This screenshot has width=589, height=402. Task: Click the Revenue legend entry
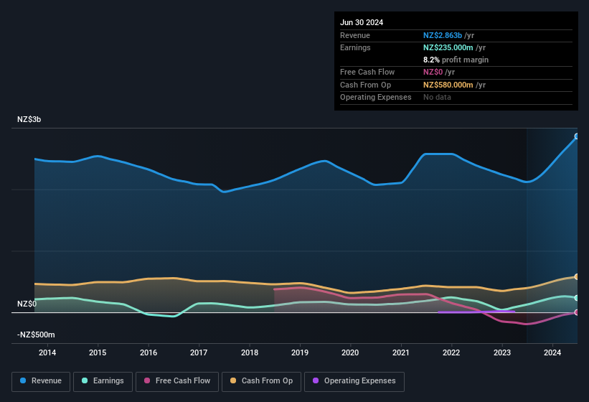[42, 380]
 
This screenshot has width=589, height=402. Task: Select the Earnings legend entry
[103, 380]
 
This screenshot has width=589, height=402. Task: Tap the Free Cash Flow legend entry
[179, 380]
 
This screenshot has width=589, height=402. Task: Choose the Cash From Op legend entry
[263, 380]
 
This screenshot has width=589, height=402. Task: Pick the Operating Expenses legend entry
[354, 380]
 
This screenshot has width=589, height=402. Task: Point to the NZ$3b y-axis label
[29, 119]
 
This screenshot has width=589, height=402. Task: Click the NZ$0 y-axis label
[27, 304]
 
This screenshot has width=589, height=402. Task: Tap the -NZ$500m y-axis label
[36, 335]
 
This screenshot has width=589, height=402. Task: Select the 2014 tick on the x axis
[47, 352]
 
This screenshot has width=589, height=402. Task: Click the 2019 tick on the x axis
[300, 352]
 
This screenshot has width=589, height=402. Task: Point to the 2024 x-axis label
[552, 352]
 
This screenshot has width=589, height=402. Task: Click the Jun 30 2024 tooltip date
[362, 22]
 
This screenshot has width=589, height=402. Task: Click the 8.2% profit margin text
[456, 60]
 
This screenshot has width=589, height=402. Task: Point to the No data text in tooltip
[437, 97]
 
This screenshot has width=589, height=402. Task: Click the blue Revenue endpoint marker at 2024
[577, 136]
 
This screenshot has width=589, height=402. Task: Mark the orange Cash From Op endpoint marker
[577, 276]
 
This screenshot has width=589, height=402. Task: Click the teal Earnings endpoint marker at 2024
[577, 297]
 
